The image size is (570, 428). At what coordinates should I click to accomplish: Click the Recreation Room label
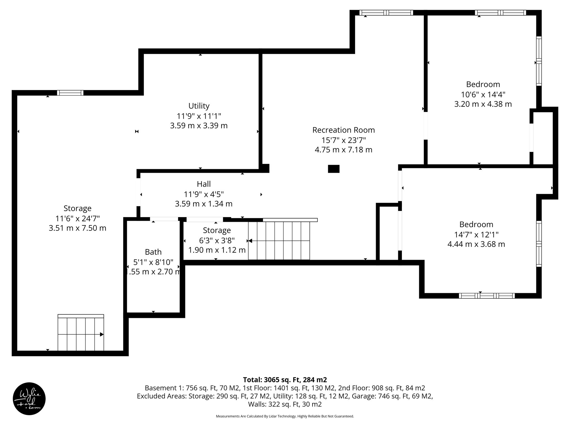pyautogui.click(x=343, y=130)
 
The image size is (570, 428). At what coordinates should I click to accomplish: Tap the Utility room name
pyautogui.click(x=199, y=106)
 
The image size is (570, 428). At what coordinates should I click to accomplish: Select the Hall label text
pyautogui.click(x=204, y=184)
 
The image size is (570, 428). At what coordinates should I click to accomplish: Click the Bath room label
pyautogui.click(x=153, y=252)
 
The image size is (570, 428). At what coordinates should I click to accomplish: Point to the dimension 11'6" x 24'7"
pyautogui.click(x=77, y=218)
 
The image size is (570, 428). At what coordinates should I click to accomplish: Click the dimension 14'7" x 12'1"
pyautogui.click(x=476, y=234)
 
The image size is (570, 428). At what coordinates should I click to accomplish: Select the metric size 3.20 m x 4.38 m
pyautogui.click(x=483, y=104)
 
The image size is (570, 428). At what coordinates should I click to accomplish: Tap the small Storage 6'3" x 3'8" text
pyautogui.click(x=217, y=240)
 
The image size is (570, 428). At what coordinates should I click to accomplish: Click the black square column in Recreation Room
pyautogui.click(x=333, y=169)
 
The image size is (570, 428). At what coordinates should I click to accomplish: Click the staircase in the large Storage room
pyautogui.click(x=81, y=333)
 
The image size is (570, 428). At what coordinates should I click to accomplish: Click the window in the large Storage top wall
pyautogui.click(x=70, y=93)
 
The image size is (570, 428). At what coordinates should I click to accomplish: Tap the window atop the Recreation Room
pyautogui.click(x=386, y=13)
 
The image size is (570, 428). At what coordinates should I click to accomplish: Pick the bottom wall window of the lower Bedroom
pyautogui.click(x=487, y=296)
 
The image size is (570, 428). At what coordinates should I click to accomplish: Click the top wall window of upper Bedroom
pyautogui.click(x=500, y=13)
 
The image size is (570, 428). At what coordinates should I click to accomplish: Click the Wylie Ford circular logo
pyautogui.click(x=29, y=399)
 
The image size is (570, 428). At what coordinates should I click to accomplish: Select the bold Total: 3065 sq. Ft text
pyautogui.click(x=285, y=380)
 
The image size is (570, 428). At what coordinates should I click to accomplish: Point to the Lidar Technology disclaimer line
pyautogui.click(x=285, y=416)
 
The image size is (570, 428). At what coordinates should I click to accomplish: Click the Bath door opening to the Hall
pyautogui.click(x=164, y=219)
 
